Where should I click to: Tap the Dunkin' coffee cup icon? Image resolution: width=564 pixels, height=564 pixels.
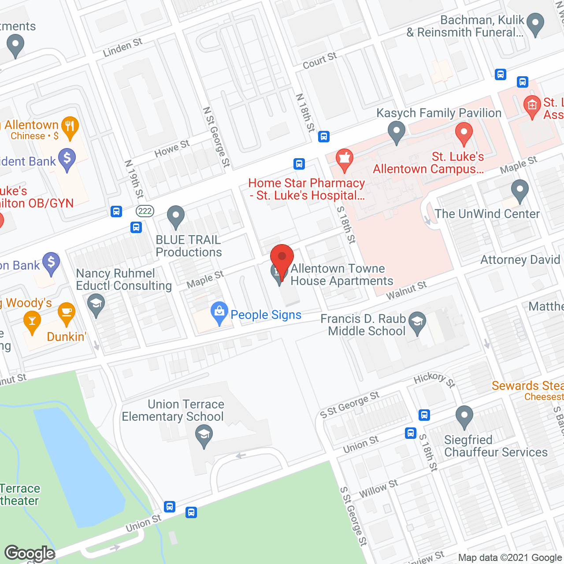coord(66,313)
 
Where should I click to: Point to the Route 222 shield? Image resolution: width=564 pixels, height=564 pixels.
coord(145,211)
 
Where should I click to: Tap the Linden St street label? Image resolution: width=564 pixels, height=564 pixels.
coord(122,48)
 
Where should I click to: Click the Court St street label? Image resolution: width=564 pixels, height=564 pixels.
coord(319,61)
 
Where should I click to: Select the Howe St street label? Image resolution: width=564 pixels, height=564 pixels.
coord(172,148)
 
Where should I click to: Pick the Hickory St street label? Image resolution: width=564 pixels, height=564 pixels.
coord(434,378)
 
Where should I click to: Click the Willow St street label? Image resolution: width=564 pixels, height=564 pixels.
coord(378,488)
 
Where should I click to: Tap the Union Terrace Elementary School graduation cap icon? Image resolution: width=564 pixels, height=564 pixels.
coord(204,435)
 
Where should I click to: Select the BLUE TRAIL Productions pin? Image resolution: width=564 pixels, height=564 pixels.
coord(176,217)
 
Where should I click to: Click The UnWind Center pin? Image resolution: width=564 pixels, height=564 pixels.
coord(520,190)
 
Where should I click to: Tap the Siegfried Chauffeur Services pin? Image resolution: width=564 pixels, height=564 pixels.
coord(464,416)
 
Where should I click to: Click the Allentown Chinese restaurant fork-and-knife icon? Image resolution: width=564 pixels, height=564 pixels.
coord(70,127)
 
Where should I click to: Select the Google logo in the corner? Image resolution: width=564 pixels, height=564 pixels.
coord(30,553)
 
